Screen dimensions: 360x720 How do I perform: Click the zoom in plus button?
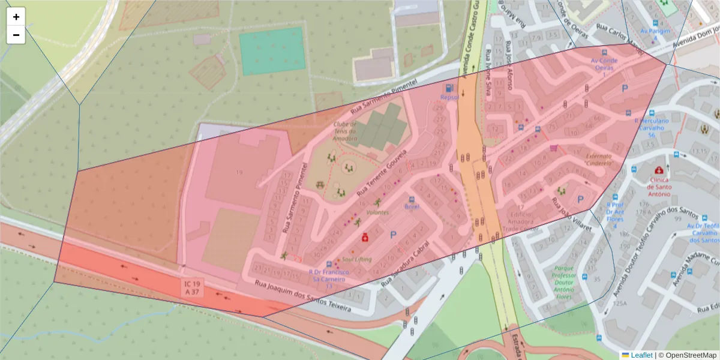[x=16, y=17]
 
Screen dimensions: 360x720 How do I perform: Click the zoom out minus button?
[x=16, y=35]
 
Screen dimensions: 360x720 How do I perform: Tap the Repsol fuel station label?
[x=449, y=97]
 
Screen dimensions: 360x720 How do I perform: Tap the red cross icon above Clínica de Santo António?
[x=661, y=170]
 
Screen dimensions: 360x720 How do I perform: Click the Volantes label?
[x=377, y=212]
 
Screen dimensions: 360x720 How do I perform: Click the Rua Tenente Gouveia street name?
[x=382, y=174]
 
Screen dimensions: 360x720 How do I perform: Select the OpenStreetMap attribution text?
[x=688, y=355]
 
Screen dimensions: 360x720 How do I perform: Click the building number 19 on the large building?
[x=239, y=173]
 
